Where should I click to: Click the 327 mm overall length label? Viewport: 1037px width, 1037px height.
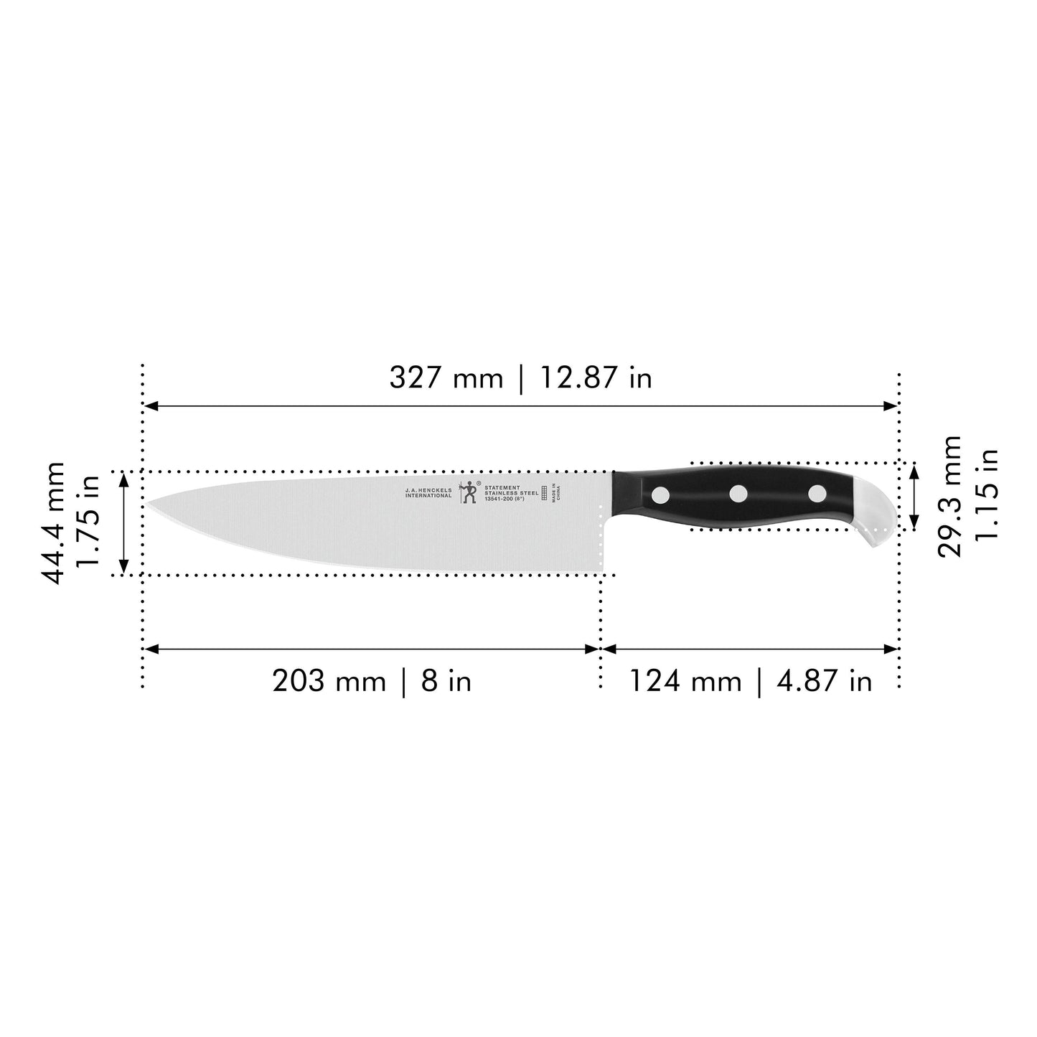tap(446, 377)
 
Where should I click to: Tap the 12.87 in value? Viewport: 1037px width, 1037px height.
tap(596, 377)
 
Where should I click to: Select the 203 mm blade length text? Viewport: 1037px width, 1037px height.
tap(329, 680)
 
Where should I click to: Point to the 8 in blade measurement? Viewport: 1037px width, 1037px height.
tap(446, 680)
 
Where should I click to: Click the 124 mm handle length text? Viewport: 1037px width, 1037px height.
tap(685, 680)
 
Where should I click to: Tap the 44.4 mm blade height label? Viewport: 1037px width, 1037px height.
tap(53, 522)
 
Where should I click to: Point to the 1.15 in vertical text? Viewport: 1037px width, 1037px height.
tap(987, 496)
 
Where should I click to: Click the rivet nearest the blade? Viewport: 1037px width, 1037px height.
tap(662, 494)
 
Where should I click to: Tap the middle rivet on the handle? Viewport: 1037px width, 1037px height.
tap(738, 494)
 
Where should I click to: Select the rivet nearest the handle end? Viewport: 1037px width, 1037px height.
tap(817, 494)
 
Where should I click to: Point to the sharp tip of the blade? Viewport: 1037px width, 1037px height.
tap(151, 505)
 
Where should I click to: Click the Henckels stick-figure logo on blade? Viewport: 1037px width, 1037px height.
tap(469, 492)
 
